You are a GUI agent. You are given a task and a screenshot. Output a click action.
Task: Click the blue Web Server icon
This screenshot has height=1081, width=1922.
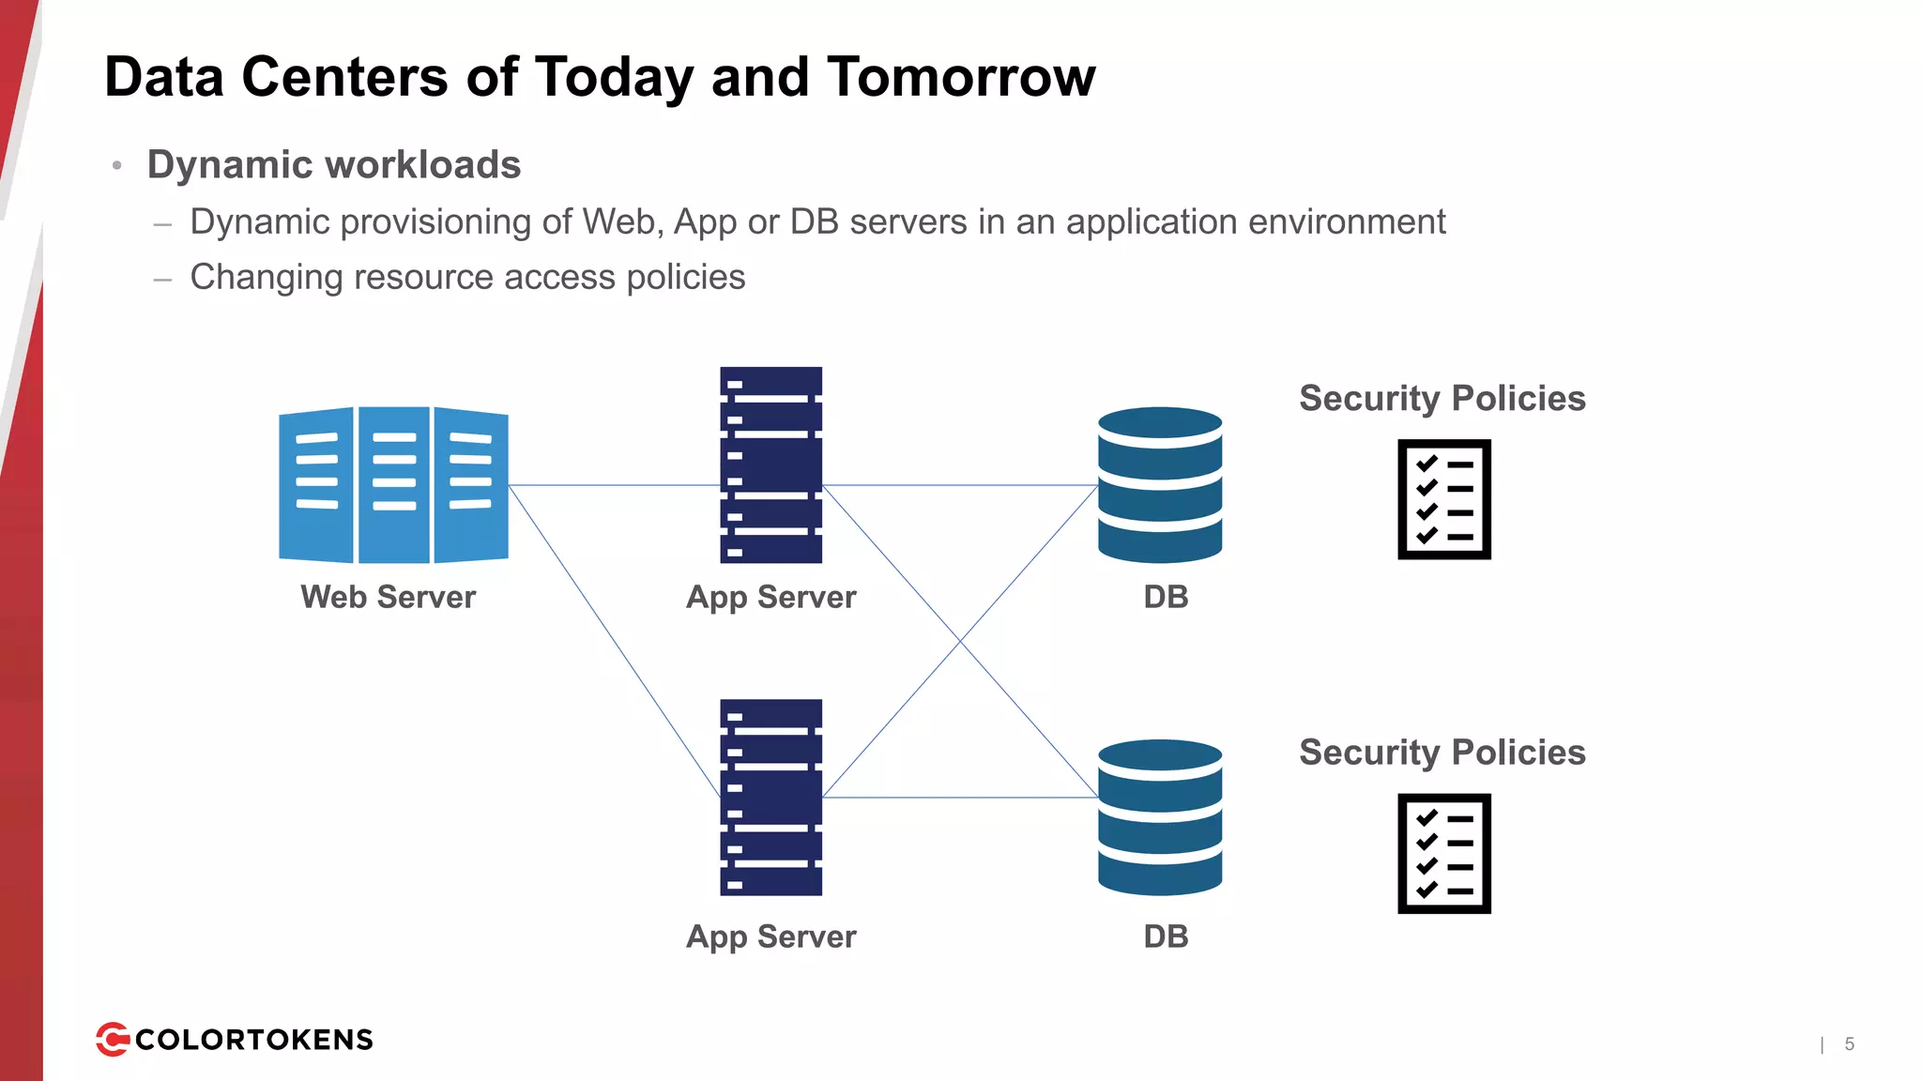(393, 484)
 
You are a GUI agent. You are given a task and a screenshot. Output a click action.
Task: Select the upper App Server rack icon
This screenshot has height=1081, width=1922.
(771, 464)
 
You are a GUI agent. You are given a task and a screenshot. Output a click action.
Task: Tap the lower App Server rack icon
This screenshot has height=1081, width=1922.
(771, 797)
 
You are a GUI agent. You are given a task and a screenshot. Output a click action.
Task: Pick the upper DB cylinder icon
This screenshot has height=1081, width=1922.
(1160, 484)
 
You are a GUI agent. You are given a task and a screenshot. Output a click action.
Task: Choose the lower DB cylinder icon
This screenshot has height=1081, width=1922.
(1160, 817)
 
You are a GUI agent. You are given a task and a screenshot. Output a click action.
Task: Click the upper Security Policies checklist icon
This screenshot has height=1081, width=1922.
(1444, 499)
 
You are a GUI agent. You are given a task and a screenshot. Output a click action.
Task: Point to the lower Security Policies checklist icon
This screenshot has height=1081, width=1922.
(1444, 853)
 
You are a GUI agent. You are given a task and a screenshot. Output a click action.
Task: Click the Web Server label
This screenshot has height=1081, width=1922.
(388, 597)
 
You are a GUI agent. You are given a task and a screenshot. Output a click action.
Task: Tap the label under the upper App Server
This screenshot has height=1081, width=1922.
(771, 598)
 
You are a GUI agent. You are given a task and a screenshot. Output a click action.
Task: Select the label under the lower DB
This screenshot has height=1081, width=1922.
(1166, 936)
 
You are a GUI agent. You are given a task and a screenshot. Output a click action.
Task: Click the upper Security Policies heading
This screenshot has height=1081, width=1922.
(1442, 399)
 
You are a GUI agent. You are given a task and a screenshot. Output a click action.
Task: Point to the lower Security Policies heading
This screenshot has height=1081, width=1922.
(1442, 753)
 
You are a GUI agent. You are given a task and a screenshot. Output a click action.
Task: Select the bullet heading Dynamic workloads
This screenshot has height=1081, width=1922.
(334, 165)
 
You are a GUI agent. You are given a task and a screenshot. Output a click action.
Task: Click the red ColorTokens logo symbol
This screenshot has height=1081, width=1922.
(113, 1039)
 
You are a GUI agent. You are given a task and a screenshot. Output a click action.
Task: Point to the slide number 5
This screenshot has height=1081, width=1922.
(1850, 1043)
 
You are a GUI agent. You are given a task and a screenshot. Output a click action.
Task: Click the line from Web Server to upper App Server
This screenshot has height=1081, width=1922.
(614, 485)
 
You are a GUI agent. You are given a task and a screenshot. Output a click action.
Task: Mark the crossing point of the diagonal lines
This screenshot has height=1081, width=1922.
(960, 642)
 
